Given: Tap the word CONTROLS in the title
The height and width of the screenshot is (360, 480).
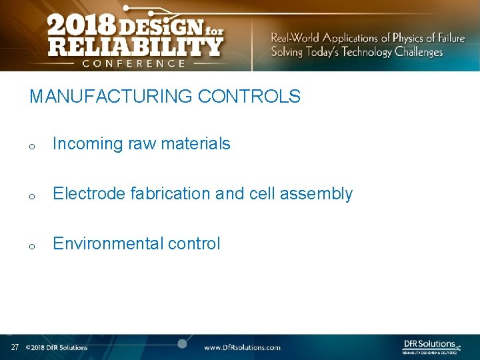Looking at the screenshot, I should click(249, 97).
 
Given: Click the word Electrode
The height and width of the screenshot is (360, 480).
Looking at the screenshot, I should click(89, 193).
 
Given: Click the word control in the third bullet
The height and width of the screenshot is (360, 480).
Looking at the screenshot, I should click(194, 243).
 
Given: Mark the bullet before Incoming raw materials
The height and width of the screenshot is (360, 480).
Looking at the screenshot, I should click(31, 146).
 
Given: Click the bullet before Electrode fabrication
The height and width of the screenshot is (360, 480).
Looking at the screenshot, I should click(31, 196).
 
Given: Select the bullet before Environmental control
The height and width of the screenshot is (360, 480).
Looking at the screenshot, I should click(31, 246).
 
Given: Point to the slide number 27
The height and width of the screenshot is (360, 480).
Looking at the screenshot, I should click(15, 347).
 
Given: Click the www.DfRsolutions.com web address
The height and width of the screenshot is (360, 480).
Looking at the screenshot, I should click(242, 347).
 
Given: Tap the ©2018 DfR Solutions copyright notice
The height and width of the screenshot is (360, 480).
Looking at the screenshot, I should click(56, 347).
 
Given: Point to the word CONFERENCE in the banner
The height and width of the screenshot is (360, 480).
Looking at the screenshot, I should click(134, 63).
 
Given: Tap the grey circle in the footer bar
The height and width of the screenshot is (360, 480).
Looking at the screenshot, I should click(182, 344).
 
